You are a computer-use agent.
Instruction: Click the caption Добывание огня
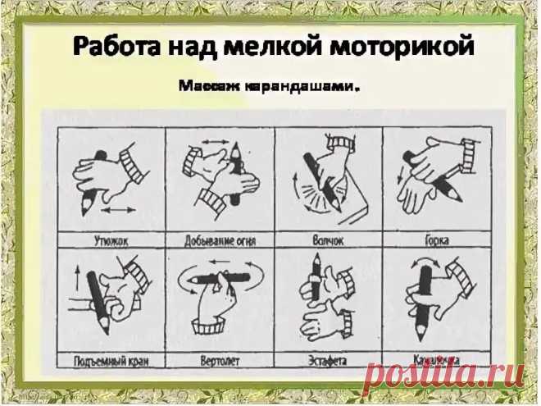[x=218, y=240]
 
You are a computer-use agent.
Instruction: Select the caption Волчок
[x=327, y=240]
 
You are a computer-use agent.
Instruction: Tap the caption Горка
[x=436, y=240]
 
